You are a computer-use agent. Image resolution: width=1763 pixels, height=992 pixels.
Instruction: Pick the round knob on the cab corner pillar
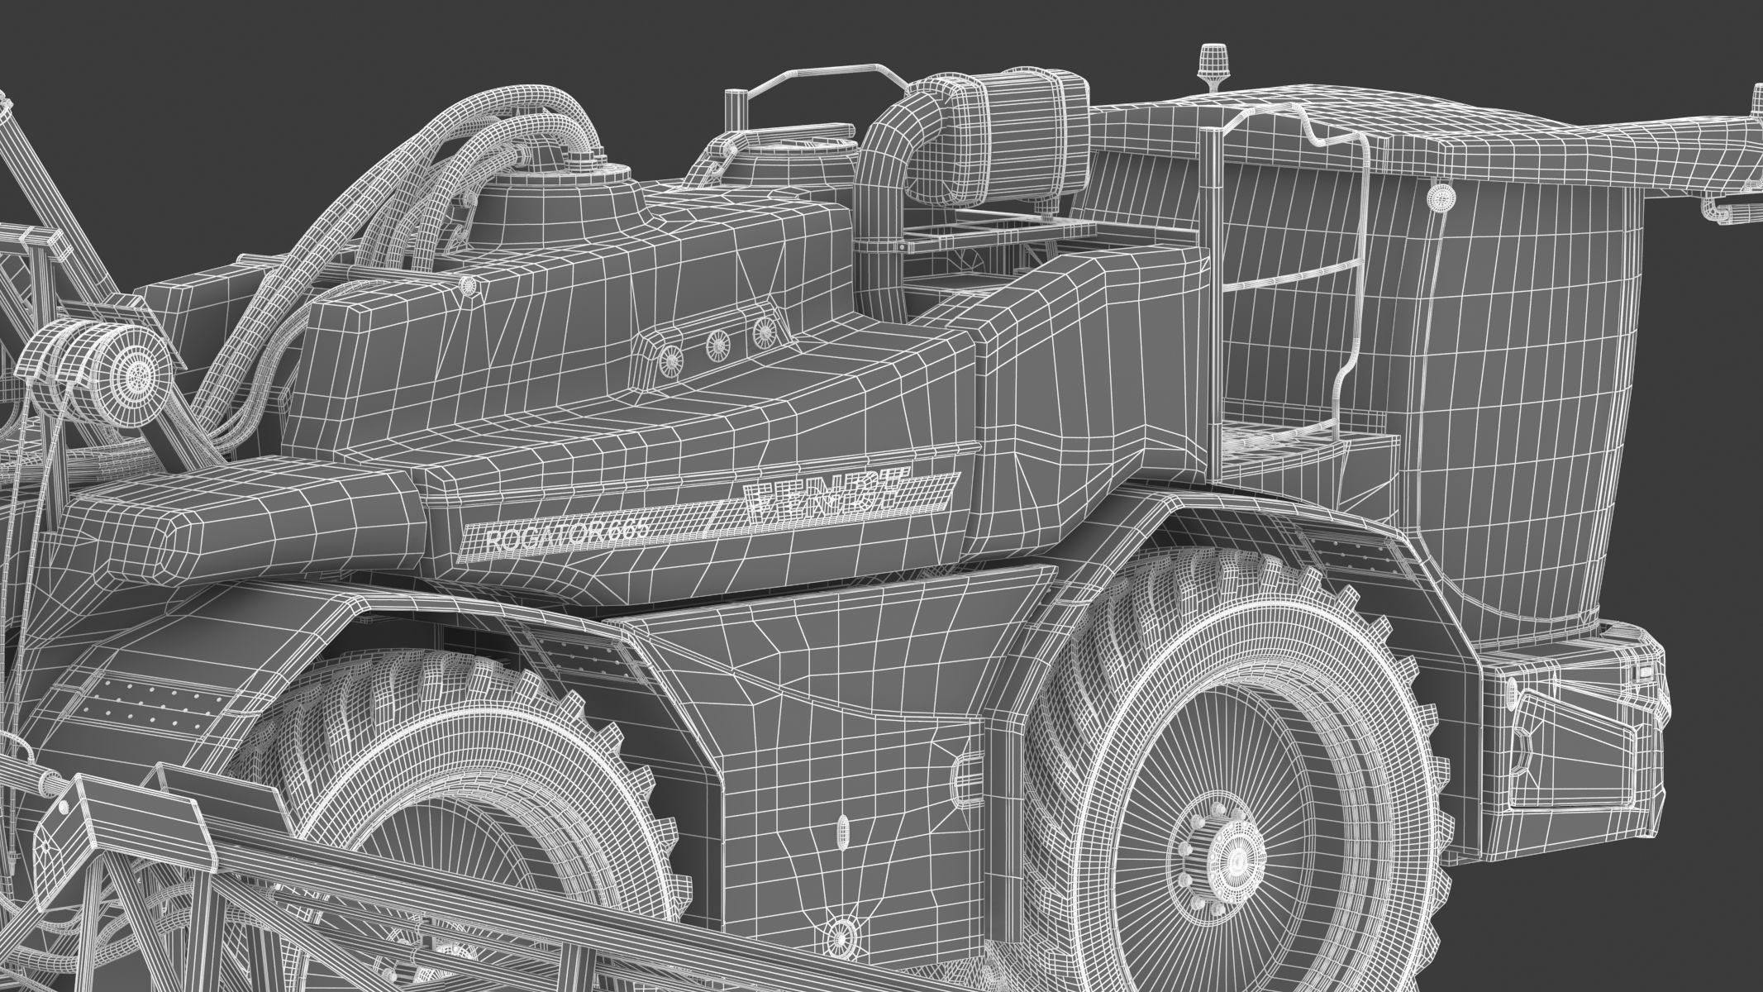(1441, 197)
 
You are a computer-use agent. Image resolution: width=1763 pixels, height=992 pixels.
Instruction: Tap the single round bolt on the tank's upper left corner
(469, 285)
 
